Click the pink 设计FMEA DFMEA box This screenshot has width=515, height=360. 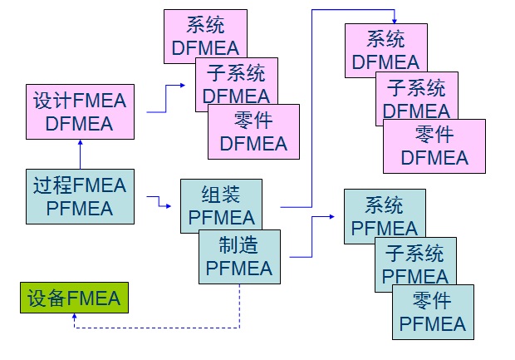(79, 112)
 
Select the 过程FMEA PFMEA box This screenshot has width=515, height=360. (79, 196)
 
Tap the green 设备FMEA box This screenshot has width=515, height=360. (74, 298)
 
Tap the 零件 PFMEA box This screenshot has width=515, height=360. (433, 312)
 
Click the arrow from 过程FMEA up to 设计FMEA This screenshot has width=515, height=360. (80, 154)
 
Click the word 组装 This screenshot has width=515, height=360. (221, 195)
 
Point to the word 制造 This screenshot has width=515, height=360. (238, 245)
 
